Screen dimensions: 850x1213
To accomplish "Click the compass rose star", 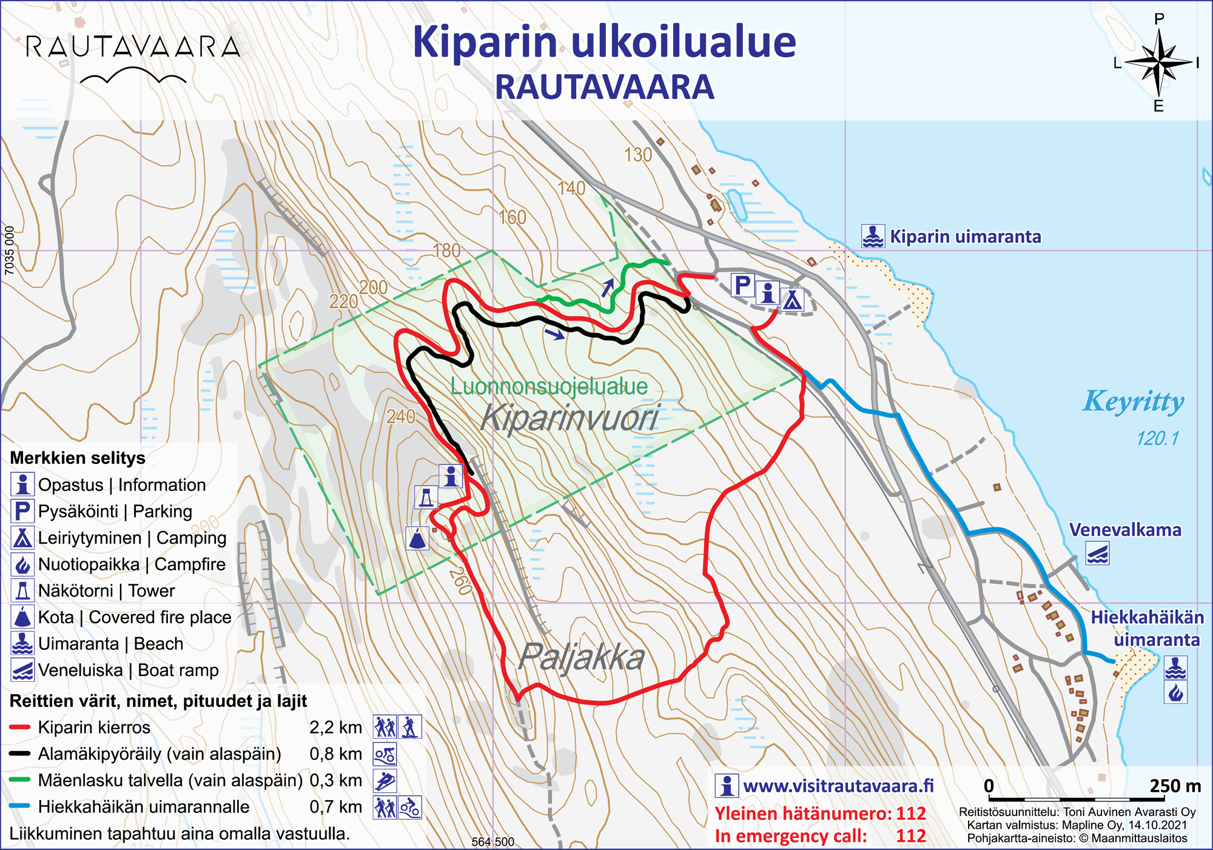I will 1158,62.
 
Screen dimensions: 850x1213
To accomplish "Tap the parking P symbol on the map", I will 743,285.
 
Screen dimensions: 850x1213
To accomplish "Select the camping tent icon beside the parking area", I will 792,299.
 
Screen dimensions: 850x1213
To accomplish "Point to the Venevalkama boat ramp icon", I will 1098,554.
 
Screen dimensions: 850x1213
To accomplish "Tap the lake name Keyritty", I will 1133,401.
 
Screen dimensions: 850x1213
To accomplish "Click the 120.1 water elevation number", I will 1157,438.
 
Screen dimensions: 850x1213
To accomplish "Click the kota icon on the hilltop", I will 417,538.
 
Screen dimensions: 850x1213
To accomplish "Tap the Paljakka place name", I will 581,657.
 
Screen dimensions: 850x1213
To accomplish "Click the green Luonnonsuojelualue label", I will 549,386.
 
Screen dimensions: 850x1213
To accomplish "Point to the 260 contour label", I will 460,581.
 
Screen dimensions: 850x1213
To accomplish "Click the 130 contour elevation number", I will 637,155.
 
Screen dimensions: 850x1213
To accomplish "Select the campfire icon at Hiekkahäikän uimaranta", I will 1175,692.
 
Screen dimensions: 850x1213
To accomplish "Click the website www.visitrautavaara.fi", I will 838,786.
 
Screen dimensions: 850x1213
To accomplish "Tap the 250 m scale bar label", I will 1175,786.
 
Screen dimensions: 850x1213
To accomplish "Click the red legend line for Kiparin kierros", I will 20,727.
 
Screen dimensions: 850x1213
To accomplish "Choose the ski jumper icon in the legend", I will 385,781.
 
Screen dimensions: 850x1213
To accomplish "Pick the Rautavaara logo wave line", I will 133,75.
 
